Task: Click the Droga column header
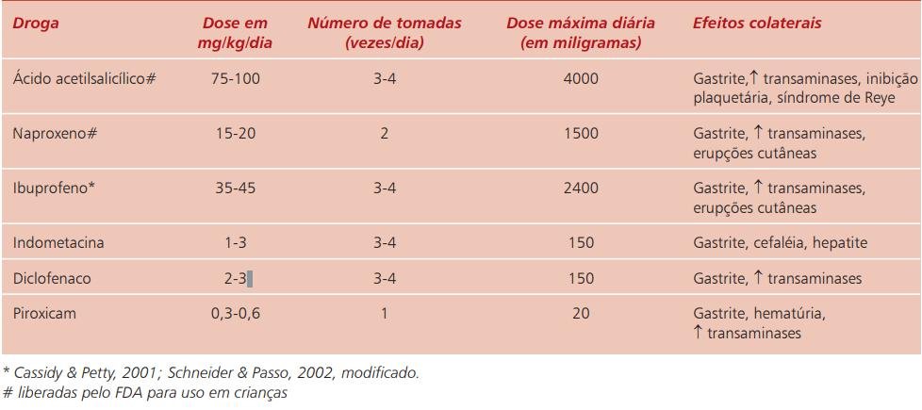[x=37, y=25]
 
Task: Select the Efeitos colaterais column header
[x=757, y=24]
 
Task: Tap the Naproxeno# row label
[x=55, y=134]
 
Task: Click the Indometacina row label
[x=58, y=242]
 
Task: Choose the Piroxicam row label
[x=44, y=314]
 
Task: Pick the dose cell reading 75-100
[x=235, y=78]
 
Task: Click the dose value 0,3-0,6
[x=235, y=314]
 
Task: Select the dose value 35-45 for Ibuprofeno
[x=235, y=189]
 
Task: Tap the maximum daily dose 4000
[x=581, y=78]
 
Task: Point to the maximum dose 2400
[x=581, y=189]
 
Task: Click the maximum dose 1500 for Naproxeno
[x=581, y=134]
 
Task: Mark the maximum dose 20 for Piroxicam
[x=581, y=314]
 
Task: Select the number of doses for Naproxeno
[x=384, y=134]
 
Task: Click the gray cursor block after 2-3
[x=250, y=278]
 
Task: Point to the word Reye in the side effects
[x=881, y=98]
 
